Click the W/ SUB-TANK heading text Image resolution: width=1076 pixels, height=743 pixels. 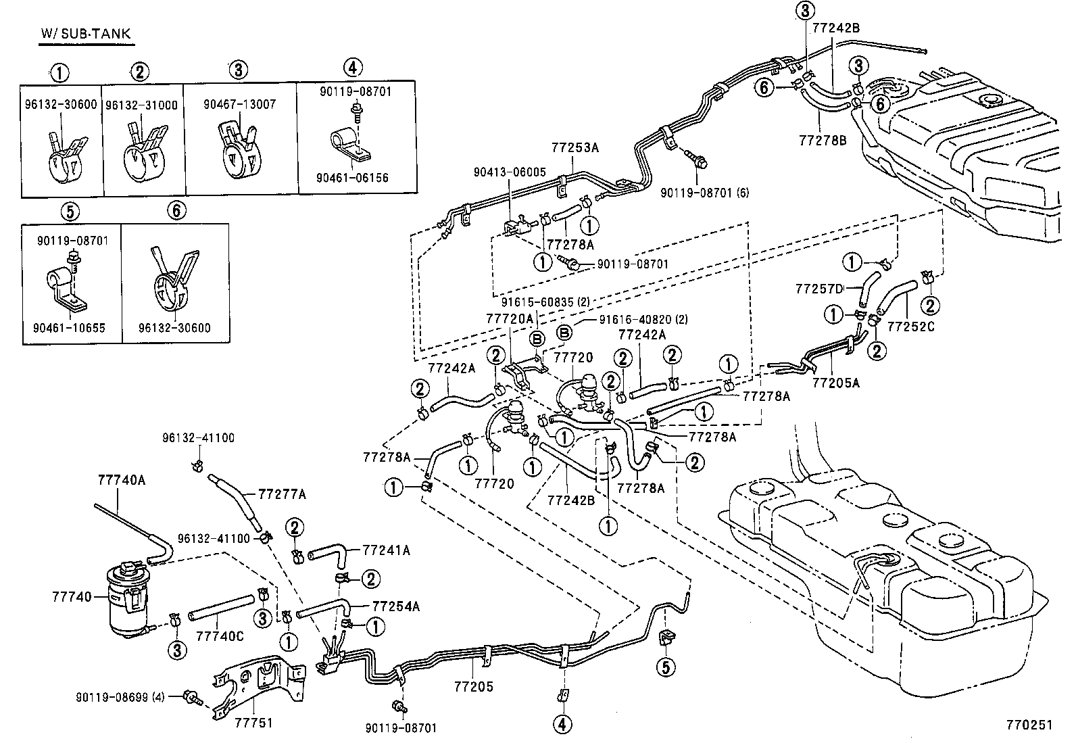[85, 34]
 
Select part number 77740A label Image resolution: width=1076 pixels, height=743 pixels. [122, 481]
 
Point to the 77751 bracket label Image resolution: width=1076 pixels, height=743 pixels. [254, 723]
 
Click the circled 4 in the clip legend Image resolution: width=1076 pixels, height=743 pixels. [353, 68]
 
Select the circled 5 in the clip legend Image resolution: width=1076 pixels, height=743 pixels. [70, 212]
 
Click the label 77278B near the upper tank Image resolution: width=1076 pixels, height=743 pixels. [823, 141]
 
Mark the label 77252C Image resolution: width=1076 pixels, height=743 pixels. [911, 327]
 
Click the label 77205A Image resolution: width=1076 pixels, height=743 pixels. [836, 383]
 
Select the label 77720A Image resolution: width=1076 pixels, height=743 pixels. [510, 318]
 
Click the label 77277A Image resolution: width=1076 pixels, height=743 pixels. [282, 495]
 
